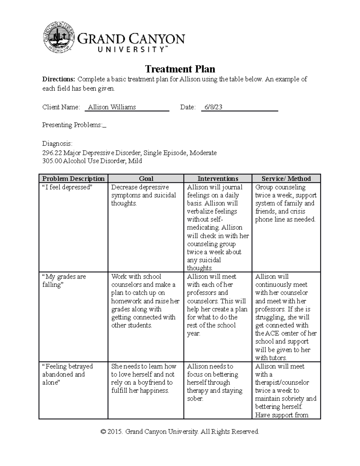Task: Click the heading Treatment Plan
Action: point(180,69)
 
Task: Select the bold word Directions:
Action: point(58,79)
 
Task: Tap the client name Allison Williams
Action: point(112,107)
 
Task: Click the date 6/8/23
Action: point(213,107)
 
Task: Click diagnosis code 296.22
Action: point(52,153)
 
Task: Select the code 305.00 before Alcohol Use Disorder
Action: point(52,161)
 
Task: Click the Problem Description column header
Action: point(73,179)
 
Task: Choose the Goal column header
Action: point(146,179)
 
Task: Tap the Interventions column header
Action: point(218,179)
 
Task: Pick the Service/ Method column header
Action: point(286,179)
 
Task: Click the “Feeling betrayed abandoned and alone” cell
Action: point(67,374)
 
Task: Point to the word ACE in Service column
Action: point(271,333)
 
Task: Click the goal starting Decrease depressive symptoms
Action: point(143,195)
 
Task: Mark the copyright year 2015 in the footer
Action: point(114,432)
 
